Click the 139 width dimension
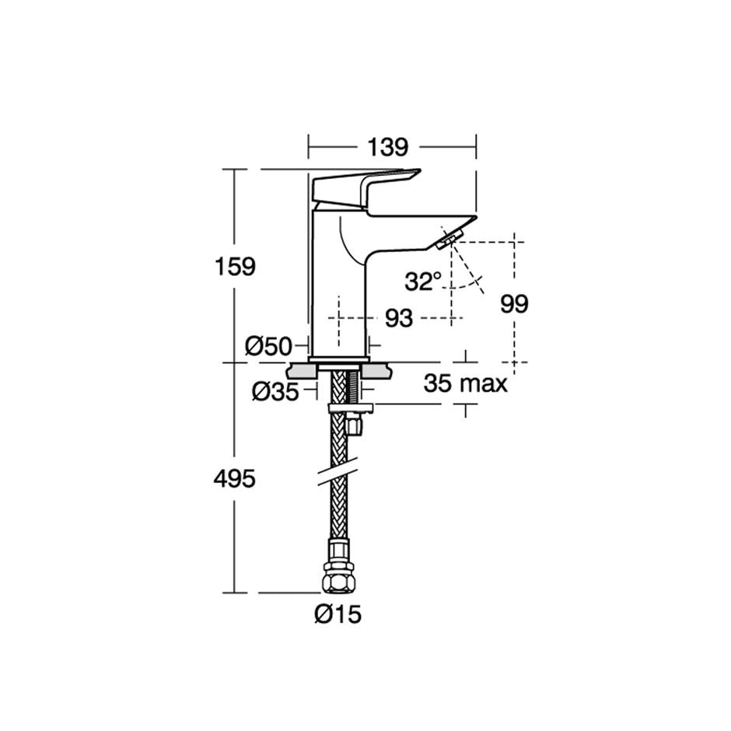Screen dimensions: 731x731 click(387, 146)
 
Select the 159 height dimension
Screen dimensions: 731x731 click(235, 266)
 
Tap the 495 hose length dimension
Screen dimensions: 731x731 click(235, 479)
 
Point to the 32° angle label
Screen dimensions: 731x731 click(423, 282)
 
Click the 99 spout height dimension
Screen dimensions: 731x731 click(514, 303)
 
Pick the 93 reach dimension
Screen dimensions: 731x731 click(399, 318)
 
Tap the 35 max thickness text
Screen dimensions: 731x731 click(466, 383)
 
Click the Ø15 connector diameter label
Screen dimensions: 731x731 click(338, 615)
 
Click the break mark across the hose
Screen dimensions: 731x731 click(338, 476)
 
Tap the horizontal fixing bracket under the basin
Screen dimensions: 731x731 click(351, 407)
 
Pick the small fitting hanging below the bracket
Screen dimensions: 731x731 click(355, 425)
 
